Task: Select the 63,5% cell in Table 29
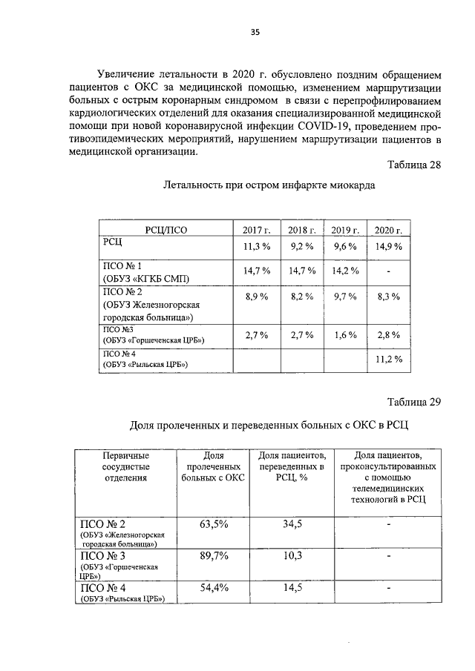point(214,524)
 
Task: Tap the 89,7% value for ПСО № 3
point(214,557)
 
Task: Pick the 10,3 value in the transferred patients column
point(291,557)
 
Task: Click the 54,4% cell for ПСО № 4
point(214,588)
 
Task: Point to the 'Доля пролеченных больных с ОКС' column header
point(214,466)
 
